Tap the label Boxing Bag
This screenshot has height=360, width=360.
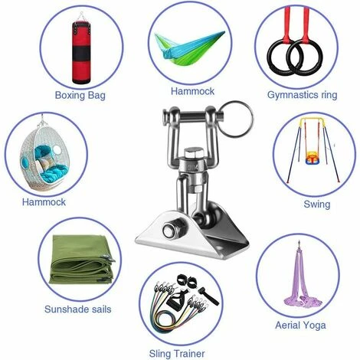coord(80,95)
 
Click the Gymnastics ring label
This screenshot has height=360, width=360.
coord(302,95)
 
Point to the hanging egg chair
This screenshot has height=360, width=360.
coord(44,155)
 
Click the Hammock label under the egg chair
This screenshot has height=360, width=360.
coord(44,202)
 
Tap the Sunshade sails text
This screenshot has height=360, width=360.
coord(78,309)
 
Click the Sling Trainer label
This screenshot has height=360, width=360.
coord(177,354)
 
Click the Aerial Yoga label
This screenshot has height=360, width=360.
coord(300,326)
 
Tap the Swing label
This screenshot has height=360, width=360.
coord(317,204)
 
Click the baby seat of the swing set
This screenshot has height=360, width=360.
coord(312,157)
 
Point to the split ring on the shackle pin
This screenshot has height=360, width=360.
coord(236,119)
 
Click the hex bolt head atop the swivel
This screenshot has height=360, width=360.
coord(192,152)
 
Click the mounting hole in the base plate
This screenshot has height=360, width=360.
coord(219,248)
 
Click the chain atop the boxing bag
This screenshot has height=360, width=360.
coord(81,17)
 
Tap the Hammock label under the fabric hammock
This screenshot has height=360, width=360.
coord(192,91)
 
